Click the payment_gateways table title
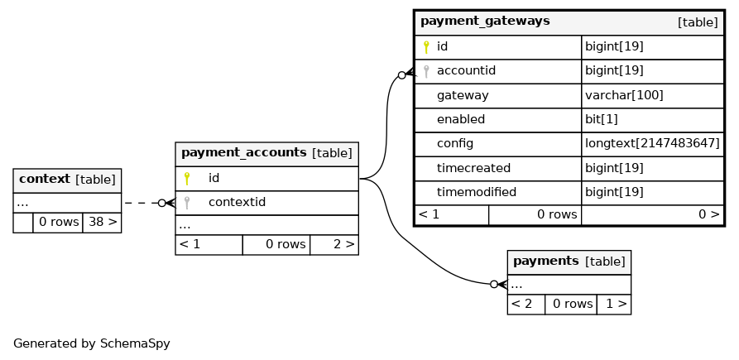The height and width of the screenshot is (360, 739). point(485,22)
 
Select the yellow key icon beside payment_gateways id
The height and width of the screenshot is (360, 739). point(426,47)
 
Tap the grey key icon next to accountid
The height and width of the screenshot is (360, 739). point(426,71)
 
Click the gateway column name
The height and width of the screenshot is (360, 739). point(463,96)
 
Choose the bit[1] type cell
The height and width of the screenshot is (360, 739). point(602,120)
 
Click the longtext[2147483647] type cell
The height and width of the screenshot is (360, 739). point(652,144)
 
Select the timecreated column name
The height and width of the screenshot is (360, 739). point(473,168)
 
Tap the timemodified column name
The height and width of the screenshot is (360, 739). point(477,192)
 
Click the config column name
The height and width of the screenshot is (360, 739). point(455,144)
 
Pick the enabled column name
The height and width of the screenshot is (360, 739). point(461,120)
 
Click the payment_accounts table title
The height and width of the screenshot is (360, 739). point(244,152)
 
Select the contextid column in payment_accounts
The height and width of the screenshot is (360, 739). point(237,202)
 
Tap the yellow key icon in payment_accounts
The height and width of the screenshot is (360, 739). point(187,178)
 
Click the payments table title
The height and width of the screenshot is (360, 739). point(545,261)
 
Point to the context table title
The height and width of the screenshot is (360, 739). point(45,179)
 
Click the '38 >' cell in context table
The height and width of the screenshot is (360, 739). point(103,222)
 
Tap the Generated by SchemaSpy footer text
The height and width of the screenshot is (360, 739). point(91,343)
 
